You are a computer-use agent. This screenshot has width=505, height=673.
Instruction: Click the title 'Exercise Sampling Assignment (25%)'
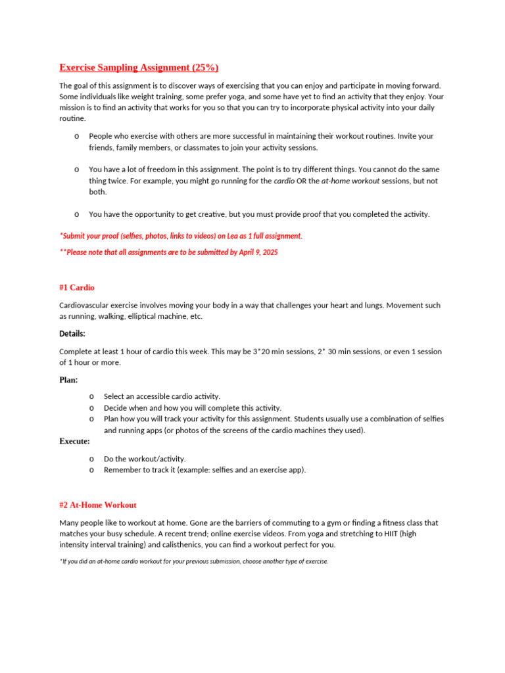tap(139, 68)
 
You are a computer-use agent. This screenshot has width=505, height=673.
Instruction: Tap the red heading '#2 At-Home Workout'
tap(98, 505)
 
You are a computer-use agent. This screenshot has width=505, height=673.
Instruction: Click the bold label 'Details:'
tap(72, 334)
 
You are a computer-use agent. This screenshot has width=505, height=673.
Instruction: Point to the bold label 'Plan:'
tap(68, 380)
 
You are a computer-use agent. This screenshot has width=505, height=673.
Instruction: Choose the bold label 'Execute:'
tap(74, 441)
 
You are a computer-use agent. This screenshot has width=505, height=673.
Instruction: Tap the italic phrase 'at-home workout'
tap(350, 181)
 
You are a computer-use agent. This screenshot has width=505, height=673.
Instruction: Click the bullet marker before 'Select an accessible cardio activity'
tap(91, 396)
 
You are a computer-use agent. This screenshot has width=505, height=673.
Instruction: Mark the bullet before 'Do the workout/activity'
tap(91, 459)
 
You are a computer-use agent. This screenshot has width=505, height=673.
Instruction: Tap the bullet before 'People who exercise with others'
tap(76, 136)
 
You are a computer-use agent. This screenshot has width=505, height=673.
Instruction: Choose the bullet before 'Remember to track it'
tap(91, 470)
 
